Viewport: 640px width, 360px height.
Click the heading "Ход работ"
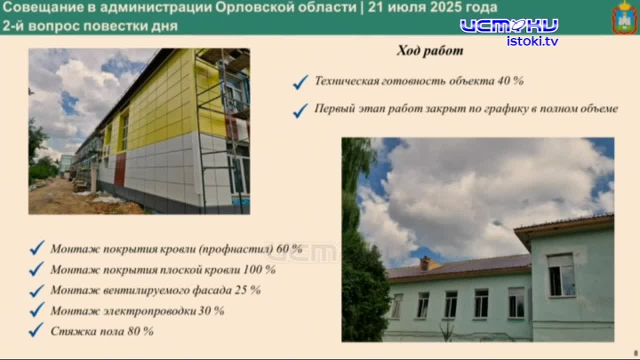(430, 50)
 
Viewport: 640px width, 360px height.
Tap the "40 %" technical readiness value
(510, 81)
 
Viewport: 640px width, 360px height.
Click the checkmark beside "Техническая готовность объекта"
(300, 82)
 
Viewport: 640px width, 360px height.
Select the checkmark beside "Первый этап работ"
(300, 110)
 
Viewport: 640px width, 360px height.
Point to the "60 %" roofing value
(289, 249)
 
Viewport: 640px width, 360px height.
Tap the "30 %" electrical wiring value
(211, 310)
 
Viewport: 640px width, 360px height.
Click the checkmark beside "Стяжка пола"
(36, 330)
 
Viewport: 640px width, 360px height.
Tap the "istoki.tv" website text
(532, 41)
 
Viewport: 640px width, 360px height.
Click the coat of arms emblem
(624, 17)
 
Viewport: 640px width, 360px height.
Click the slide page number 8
(635, 352)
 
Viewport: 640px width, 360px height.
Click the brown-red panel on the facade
(120, 169)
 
